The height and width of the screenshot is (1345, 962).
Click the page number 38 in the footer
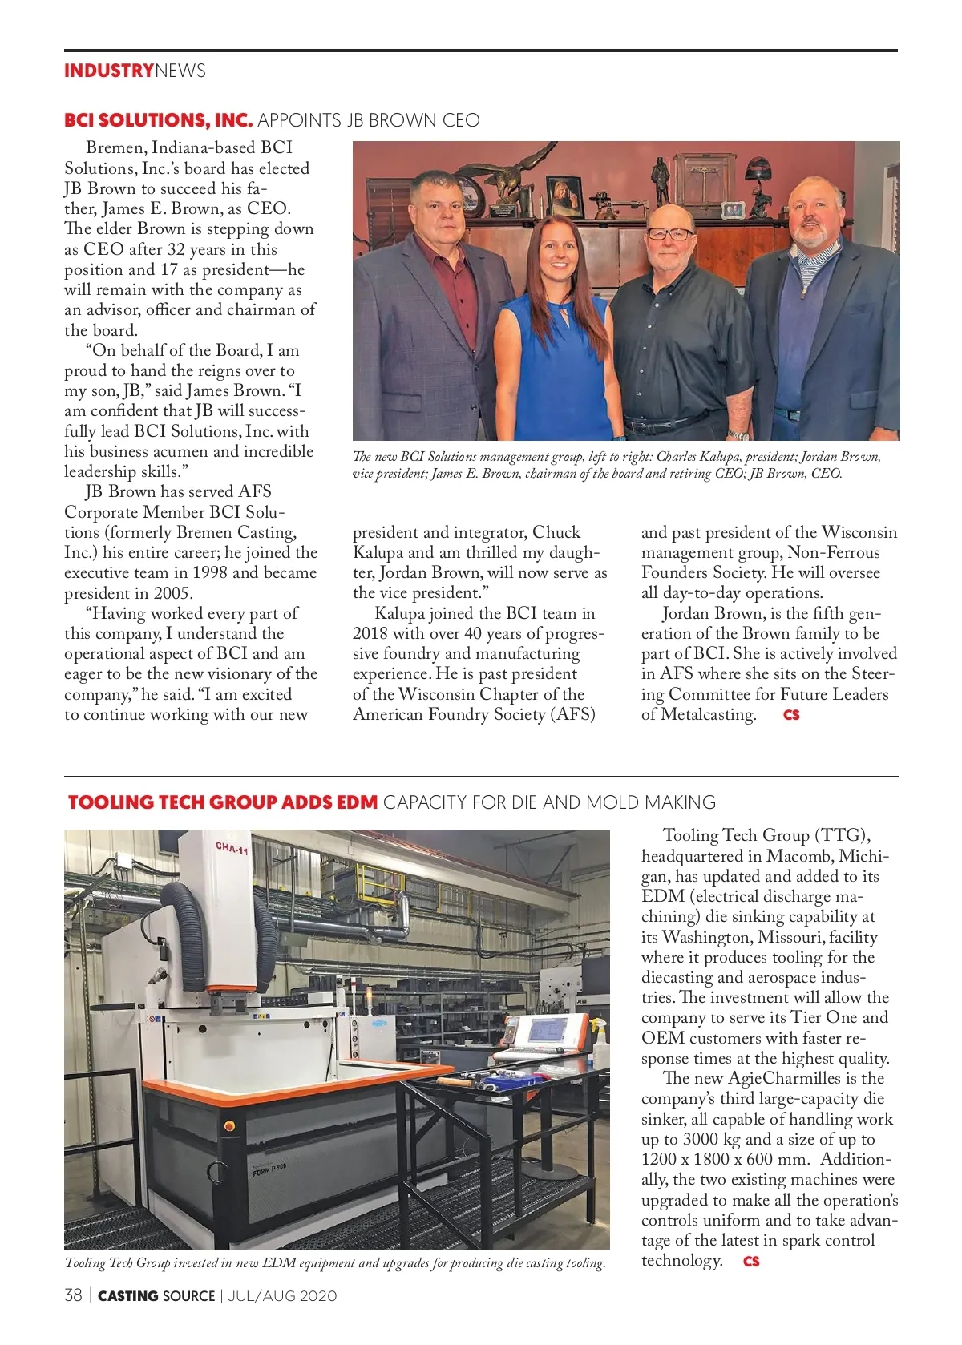[73, 1295]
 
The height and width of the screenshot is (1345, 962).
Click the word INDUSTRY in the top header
[108, 71]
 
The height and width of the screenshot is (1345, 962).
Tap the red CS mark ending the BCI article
[791, 714]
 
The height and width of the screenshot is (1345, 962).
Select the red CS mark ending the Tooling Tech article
[751, 1261]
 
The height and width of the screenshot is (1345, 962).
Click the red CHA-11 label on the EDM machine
[232, 847]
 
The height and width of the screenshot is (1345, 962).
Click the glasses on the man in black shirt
[670, 234]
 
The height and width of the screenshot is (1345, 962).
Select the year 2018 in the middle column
[370, 633]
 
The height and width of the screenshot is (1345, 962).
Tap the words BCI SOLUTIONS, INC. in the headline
[158, 120]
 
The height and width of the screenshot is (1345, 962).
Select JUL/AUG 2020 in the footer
[282, 1295]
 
